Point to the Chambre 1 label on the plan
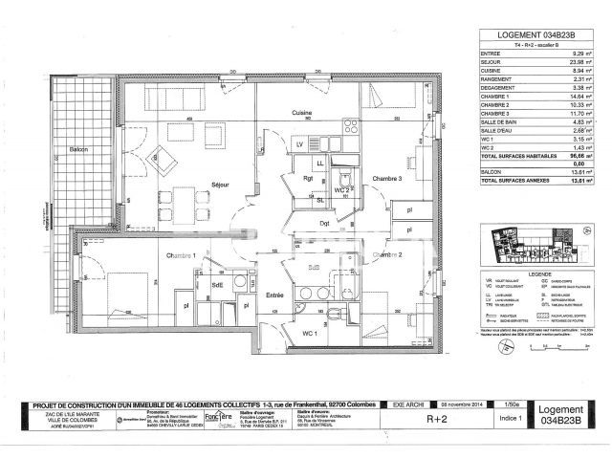(181, 255)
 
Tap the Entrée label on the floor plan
(276, 295)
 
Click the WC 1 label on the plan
(309, 333)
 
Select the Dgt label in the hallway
(325, 223)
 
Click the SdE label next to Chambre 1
(218, 284)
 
